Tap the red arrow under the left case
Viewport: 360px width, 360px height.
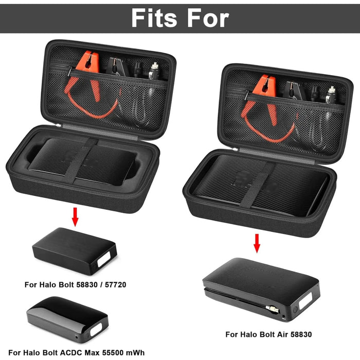point(76,216)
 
